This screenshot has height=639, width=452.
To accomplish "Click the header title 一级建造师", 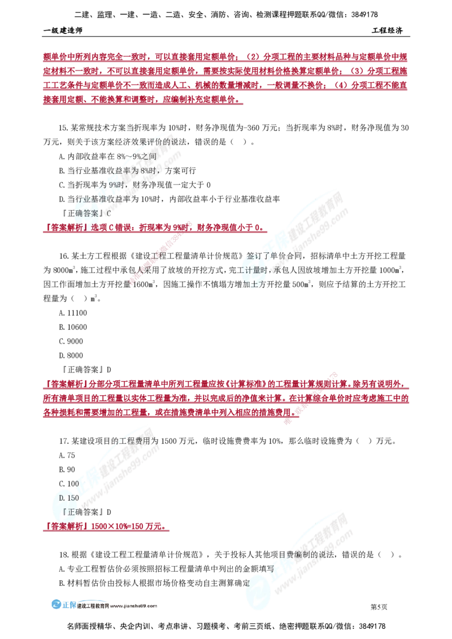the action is [x=63, y=30].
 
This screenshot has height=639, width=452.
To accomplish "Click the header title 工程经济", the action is [x=387, y=30].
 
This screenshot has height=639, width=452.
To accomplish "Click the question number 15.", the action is [x=63, y=128].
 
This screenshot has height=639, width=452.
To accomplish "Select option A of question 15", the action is [x=108, y=156].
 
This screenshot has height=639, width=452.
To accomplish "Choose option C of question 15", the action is [x=134, y=185].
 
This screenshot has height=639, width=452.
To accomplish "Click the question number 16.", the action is [x=64, y=256].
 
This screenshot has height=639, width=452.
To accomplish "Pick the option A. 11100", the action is [x=73, y=313].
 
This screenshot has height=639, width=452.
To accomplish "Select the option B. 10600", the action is [x=73, y=327].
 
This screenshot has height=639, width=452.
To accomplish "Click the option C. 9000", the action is [x=71, y=342].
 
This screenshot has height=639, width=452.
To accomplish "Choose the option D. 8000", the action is [x=71, y=356].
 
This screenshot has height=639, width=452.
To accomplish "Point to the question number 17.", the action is [x=64, y=441].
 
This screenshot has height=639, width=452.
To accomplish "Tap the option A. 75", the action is [x=67, y=456].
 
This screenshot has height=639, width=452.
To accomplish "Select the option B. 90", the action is [x=67, y=470].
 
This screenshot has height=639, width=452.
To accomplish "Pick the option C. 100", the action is [x=69, y=484].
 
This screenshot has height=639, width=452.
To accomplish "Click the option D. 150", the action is [x=69, y=498].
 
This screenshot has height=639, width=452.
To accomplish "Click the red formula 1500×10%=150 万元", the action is [x=128, y=527].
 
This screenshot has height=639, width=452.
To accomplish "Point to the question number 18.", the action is [x=64, y=555].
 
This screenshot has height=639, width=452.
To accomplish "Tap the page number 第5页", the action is [x=379, y=607].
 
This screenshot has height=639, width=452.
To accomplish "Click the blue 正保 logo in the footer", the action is [x=64, y=605].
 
